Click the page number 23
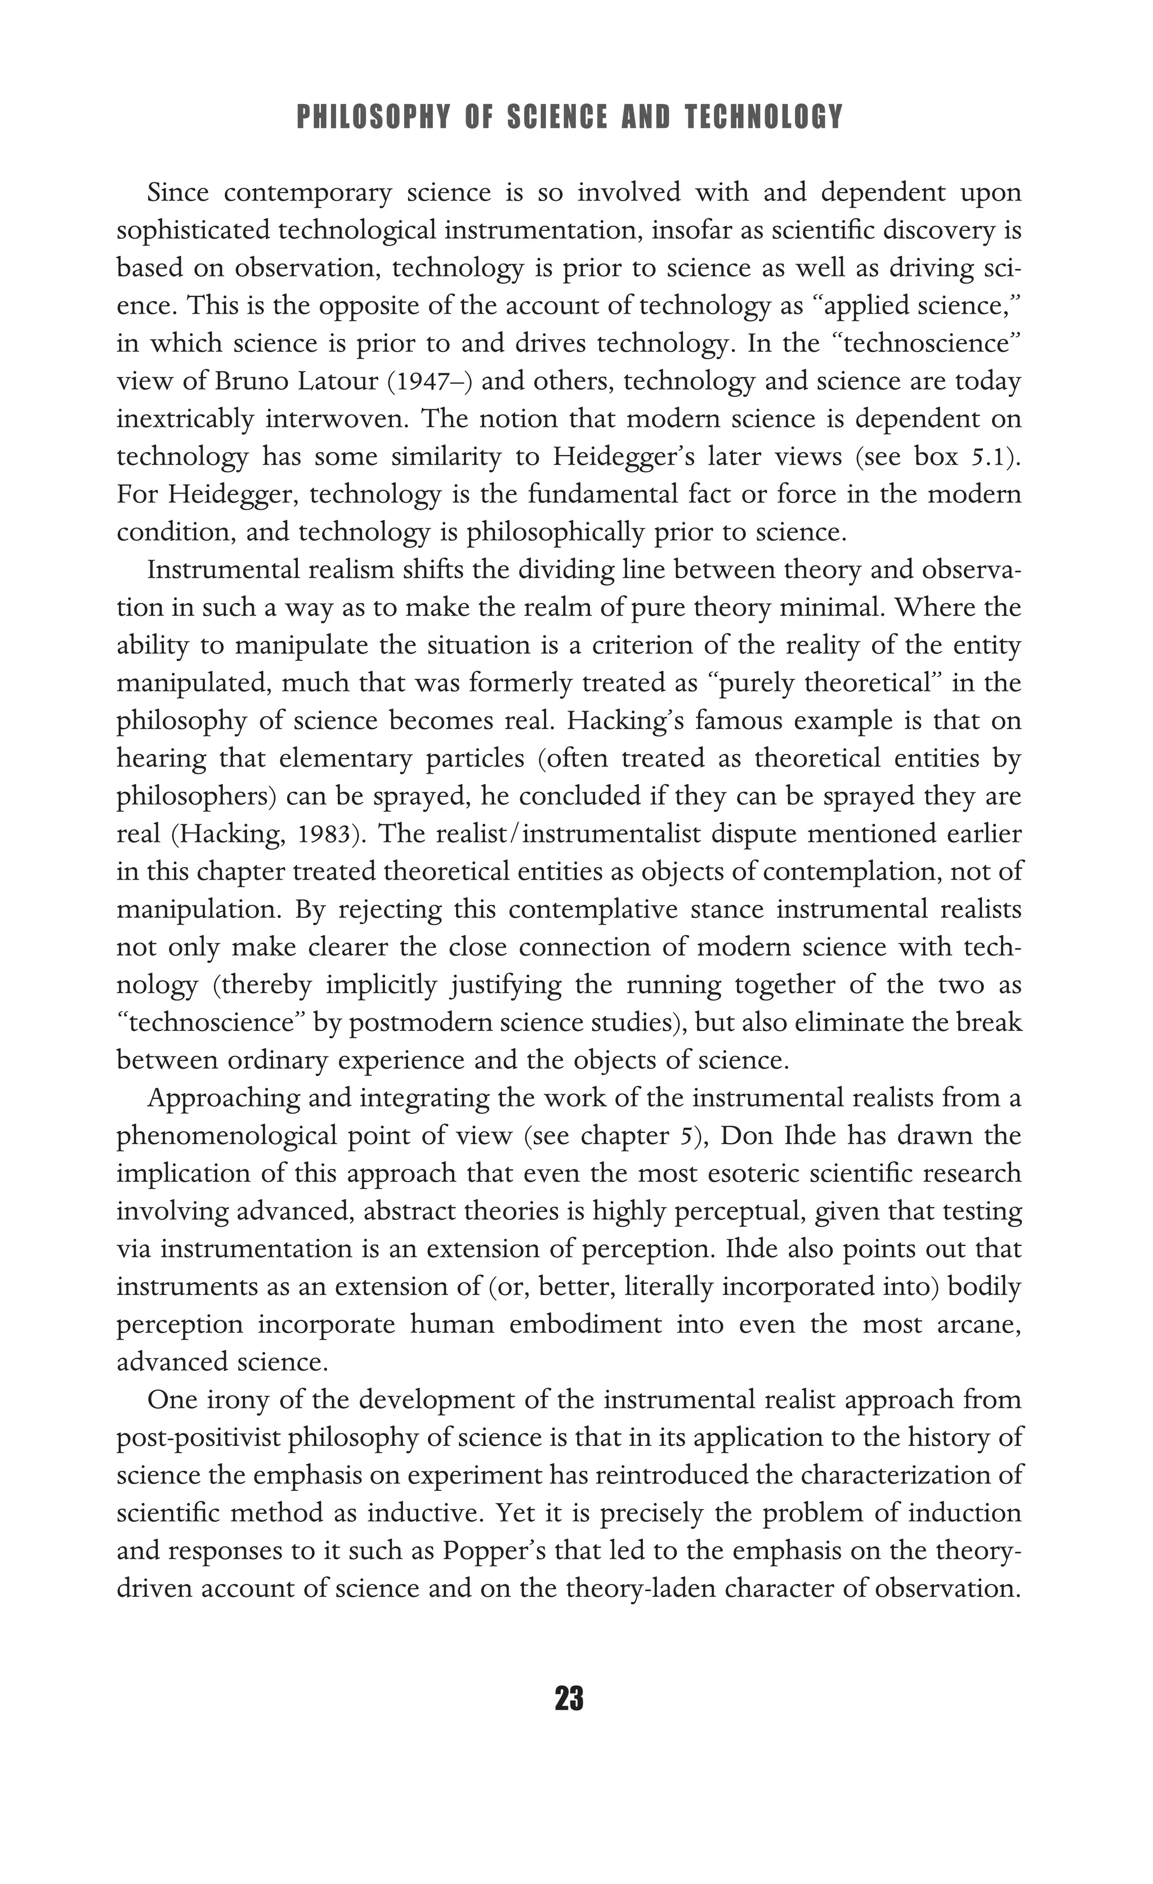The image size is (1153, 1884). (x=570, y=1698)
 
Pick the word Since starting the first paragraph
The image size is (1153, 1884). (x=177, y=193)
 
